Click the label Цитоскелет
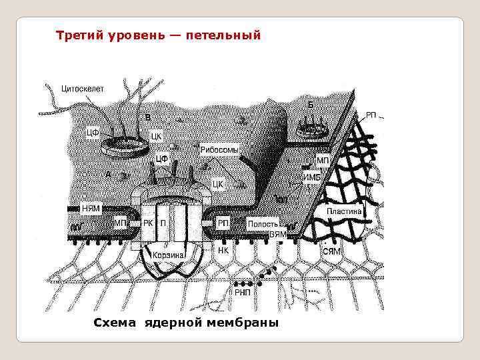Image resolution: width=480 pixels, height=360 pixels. pos(83,87)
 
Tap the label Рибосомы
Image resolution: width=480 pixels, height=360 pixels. pos(219,151)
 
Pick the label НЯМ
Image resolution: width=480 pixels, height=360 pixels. pos(91,208)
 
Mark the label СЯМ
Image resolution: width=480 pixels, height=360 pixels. pos(331,252)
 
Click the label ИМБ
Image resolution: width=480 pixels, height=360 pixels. pos(311,177)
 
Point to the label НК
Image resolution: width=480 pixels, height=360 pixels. pos(224,251)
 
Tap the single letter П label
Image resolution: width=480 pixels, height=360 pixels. pos(163,224)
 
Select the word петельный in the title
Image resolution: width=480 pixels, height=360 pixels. pos(229,34)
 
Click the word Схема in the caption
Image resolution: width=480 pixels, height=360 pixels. pos(115,323)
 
